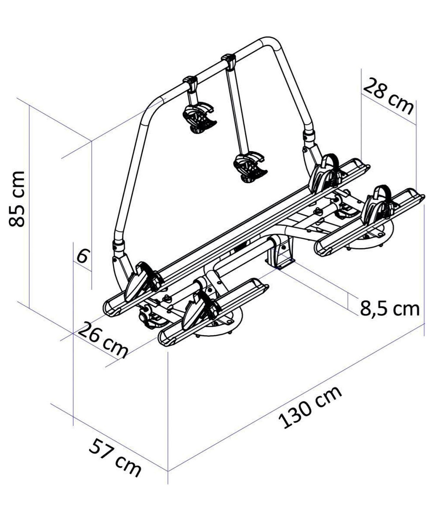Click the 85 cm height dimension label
[x=17, y=199]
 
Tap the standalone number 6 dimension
[x=82, y=255]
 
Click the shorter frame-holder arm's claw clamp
[x=199, y=118]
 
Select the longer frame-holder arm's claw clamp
[x=250, y=167]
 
